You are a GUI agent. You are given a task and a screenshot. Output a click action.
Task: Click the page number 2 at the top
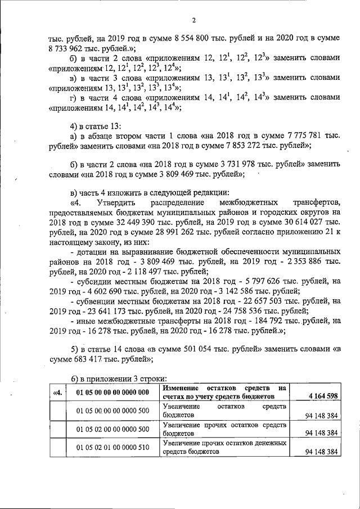(x=193, y=21)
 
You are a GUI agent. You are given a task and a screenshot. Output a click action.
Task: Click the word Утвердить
(x=116, y=202)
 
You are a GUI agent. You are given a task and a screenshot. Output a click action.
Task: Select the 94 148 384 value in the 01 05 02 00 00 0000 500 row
(x=321, y=433)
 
